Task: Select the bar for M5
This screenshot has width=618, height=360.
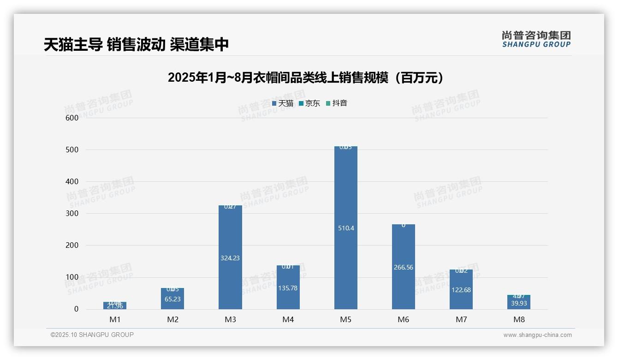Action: pyautogui.click(x=345, y=194)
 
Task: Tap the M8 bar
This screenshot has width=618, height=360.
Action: pyautogui.click(x=519, y=302)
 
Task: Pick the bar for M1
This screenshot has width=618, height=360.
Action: pyautogui.click(x=115, y=306)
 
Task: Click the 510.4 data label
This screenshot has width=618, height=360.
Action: pyautogui.click(x=345, y=228)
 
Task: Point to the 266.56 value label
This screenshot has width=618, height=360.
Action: pyautogui.click(x=403, y=267)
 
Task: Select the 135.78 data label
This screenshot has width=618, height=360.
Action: pyautogui.click(x=288, y=288)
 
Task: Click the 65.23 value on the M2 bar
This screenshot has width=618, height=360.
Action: pyautogui.click(x=172, y=299)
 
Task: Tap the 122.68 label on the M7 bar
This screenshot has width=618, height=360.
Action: pyautogui.click(x=461, y=290)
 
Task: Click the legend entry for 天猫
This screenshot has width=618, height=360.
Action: pyautogui.click(x=283, y=103)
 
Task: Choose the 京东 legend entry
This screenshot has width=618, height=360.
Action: pyautogui.click(x=309, y=103)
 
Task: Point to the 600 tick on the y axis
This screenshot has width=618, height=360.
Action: pyautogui.click(x=72, y=118)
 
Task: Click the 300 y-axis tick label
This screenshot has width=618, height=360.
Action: pyautogui.click(x=72, y=213)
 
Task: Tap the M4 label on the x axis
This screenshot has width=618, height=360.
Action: pyautogui.click(x=288, y=319)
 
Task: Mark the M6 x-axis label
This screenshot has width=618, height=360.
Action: pyautogui.click(x=403, y=319)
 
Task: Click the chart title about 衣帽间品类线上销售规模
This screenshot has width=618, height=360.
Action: pyautogui.click(x=305, y=78)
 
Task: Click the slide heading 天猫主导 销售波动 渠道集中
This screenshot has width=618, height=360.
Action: pyautogui.click(x=136, y=44)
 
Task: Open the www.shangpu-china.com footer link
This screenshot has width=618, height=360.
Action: pyautogui.click(x=537, y=335)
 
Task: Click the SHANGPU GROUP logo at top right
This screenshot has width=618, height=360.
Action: pyautogui.click(x=536, y=39)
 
